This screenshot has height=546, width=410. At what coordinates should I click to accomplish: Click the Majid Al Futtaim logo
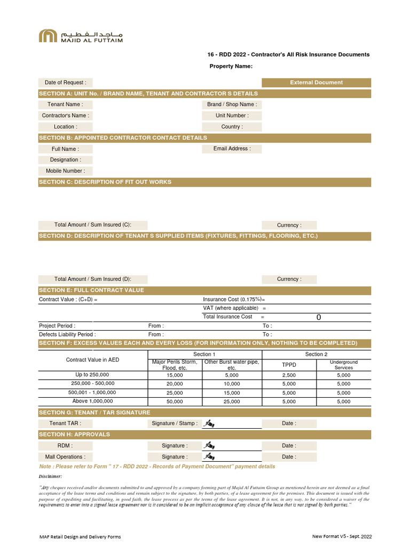tap(81, 36)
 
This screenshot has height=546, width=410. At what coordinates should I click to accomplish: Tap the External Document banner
tap(316, 83)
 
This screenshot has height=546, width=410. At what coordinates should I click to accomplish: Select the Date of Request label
tap(65, 83)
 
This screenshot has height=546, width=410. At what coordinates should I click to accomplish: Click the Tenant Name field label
tap(65, 105)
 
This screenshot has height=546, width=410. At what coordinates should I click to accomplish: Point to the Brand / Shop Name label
tap(232, 105)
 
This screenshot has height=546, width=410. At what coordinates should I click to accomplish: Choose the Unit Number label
tap(232, 116)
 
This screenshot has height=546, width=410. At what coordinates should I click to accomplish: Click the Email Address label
tap(232, 149)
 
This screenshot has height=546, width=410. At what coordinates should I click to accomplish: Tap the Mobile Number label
tap(65, 171)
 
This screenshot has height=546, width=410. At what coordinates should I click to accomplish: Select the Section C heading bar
tap(204, 182)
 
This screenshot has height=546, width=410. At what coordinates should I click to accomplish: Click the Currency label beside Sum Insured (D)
tap(289, 279)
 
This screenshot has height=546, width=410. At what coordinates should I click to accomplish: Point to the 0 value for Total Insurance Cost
tap(319, 317)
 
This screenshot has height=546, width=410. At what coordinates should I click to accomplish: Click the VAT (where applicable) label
tap(231, 308)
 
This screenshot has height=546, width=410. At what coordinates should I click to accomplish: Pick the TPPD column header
tap(289, 365)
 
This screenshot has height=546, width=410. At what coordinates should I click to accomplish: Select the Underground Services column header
tap(344, 365)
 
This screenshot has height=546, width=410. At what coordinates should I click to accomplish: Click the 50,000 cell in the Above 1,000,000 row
tap(175, 402)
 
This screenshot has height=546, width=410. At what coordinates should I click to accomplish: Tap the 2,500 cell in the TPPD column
tap(289, 375)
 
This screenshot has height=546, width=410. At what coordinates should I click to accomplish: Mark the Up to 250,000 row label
tap(92, 375)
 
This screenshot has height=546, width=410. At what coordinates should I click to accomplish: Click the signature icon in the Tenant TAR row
tap(209, 424)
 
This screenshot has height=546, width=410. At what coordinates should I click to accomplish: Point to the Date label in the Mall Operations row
tap(289, 457)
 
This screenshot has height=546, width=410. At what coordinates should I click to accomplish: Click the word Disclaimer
tap(51, 476)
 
